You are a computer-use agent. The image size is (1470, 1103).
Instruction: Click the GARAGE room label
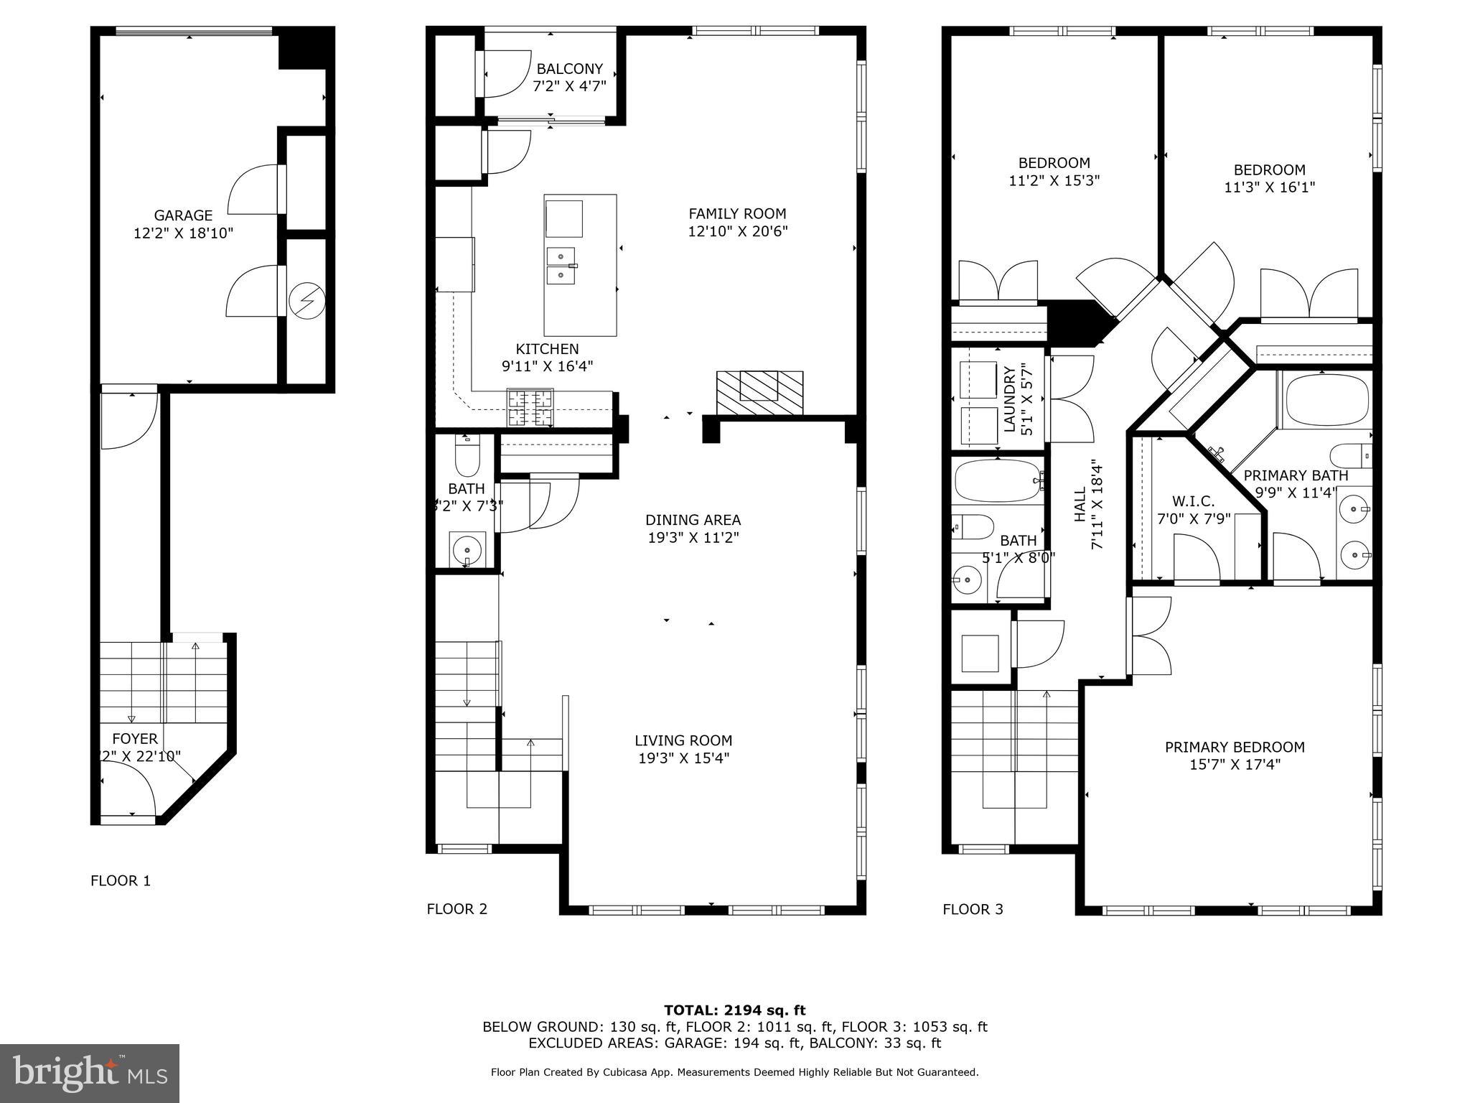[183, 215]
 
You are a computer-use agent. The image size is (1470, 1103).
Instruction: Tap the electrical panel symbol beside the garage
[307, 300]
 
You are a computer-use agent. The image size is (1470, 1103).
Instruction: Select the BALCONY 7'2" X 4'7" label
[569, 78]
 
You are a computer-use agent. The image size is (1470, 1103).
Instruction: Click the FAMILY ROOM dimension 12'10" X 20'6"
[737, 231]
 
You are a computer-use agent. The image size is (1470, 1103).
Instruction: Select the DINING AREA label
[693, 520]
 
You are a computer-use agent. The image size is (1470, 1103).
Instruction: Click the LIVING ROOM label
[683, 740]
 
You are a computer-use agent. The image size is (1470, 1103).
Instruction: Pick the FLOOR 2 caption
[457, 909]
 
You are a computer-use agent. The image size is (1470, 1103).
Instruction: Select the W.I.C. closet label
[1193, 501]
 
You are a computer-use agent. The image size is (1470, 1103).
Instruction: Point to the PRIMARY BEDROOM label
[1234, 748]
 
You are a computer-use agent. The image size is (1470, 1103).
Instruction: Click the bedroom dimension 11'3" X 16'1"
[1269, 187]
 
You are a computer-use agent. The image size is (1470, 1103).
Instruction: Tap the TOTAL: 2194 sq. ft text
[734, 1010]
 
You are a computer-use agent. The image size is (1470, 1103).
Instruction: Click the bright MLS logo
[90, 1073]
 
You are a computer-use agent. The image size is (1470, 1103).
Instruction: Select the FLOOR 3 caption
[973, 909]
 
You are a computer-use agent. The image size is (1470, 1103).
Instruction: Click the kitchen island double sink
[561, 265]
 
